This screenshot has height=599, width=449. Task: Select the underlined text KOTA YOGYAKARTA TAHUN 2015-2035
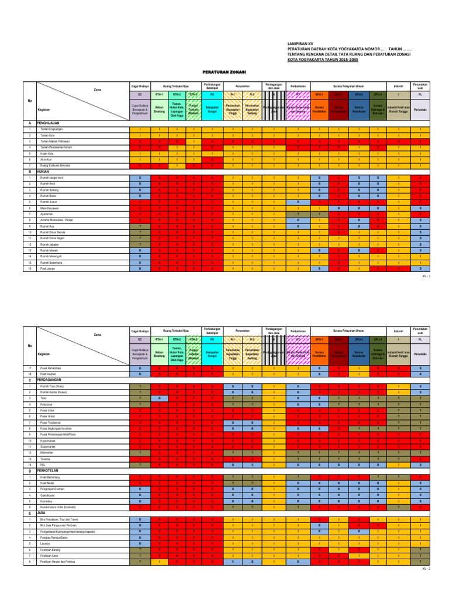[319, 58]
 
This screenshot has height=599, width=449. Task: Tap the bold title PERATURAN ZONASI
[224, 73]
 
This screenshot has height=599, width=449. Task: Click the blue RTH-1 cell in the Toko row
[159, 398]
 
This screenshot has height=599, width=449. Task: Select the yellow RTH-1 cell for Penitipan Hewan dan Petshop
[159, 562]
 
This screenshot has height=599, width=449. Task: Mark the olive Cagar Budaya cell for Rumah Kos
[140, 226]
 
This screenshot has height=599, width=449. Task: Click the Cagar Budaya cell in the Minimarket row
[140, 452]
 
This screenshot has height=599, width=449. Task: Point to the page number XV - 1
[425, 274]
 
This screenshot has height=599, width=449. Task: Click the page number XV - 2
[425, 568]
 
